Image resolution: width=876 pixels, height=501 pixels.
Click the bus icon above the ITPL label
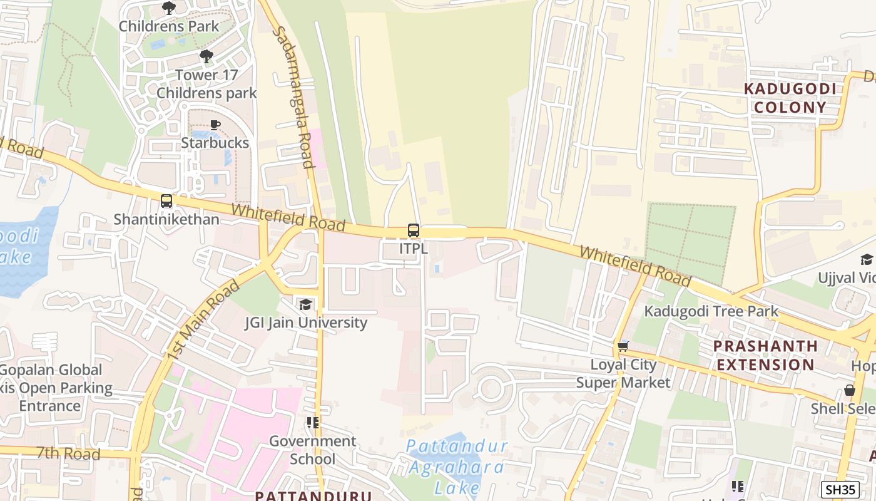(413, 230)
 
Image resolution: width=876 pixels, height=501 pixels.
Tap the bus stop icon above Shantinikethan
(166, 201)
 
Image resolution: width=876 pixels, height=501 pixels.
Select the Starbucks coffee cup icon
(215, 125)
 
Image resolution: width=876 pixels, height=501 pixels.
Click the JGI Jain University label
(306, 323)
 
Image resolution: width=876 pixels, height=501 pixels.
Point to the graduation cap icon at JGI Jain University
(305, 304)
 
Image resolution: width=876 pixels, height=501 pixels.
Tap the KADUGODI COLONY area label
(790, 98)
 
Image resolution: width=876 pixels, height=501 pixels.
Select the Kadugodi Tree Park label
(711, 311)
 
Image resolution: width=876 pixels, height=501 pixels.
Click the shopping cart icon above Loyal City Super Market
(623, 346)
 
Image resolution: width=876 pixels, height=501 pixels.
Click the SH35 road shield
(840, 490)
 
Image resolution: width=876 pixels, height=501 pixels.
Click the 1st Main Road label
(203, 320)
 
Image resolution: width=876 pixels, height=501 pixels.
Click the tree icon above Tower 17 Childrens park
(206, 56)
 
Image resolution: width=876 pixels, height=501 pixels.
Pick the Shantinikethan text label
(166, 219)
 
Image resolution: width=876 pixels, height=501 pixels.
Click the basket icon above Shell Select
(849, 390)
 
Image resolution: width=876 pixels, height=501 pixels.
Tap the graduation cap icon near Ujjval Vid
(867, 259)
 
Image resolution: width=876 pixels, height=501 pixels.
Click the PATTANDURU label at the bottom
(313, 495)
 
